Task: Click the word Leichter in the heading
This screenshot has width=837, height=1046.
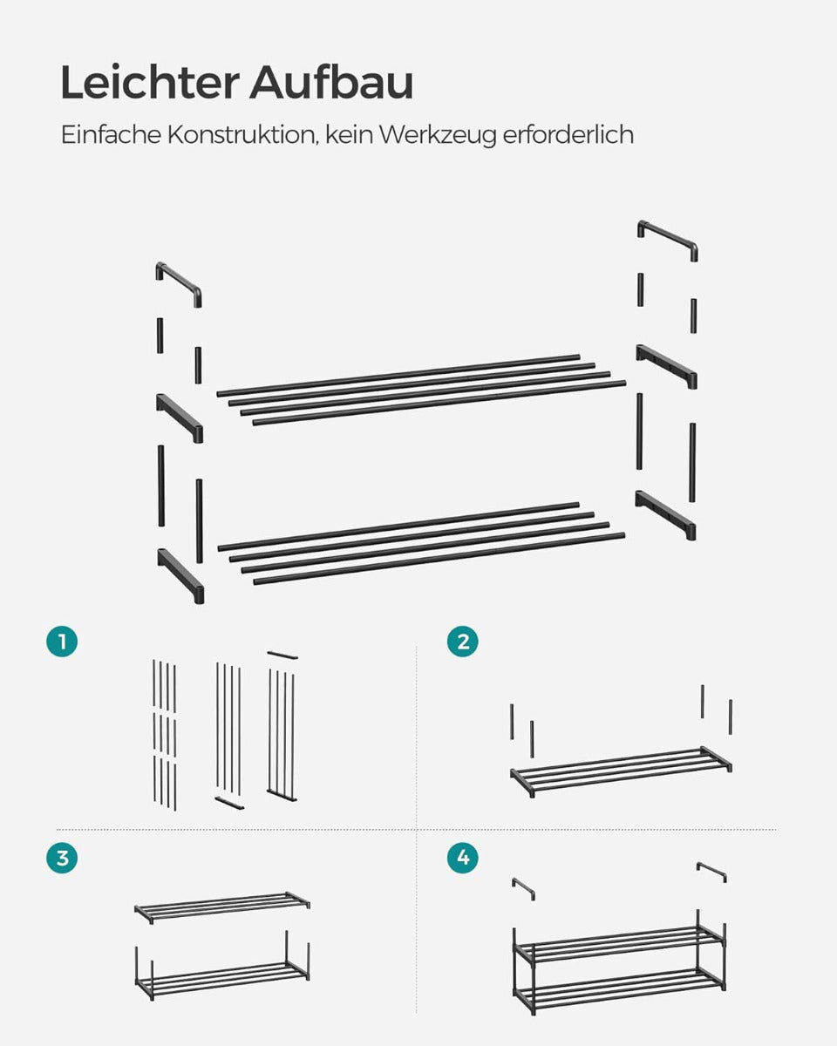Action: click(149, 82)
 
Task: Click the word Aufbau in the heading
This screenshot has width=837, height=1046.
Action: click(331, 82)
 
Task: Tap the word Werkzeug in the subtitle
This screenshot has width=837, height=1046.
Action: click(438, 135)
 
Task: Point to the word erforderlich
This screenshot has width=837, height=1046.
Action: click(568, 134)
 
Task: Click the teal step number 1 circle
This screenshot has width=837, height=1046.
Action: click(62, 642)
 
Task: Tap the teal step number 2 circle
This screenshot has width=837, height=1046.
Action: click(462, 642)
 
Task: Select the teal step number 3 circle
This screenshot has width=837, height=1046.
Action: click(62, 858)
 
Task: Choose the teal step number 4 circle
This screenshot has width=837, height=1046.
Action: click(462, 858)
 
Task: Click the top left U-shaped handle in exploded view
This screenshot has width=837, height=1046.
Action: click(179, 279)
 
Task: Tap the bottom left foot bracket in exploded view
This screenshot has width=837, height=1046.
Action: click(180, 575)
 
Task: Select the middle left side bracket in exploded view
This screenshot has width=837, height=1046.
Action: click(180, 418)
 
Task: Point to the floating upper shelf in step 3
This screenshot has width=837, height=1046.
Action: click(222, 907)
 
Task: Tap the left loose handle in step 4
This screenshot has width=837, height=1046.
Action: click(523, 888)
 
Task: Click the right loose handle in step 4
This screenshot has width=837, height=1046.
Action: click(711, 872)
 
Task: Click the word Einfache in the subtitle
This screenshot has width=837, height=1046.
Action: click(111, 134)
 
